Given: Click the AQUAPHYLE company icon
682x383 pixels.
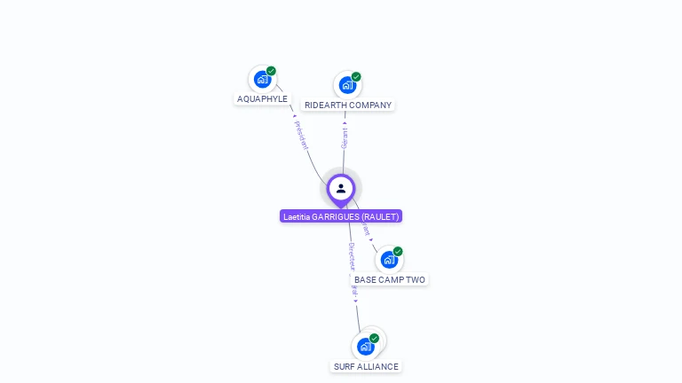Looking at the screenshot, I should click(262, 79).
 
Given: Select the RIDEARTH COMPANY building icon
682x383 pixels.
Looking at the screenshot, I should click(346, 85).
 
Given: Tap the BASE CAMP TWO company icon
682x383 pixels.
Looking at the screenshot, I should click(388, 260).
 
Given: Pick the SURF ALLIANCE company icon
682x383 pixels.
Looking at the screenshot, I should click(364, 347).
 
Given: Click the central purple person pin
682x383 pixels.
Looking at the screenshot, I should click(341, 189).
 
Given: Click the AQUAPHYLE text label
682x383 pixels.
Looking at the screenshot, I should click(262, 99).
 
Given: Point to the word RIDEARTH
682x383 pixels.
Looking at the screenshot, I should click(326, 106).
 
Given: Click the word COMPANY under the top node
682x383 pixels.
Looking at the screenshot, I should click(370, 106).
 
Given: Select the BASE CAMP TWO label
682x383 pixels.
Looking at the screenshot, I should click(390, 280).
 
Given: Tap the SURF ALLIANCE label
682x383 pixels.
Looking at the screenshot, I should click(366, 367).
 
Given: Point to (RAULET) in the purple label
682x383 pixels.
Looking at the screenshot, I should click(382, 216).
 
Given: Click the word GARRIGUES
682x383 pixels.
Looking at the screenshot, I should click(337, 216).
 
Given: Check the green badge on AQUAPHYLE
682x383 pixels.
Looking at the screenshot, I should click(271, 71).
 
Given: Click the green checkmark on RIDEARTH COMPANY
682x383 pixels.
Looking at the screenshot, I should click(356, 77).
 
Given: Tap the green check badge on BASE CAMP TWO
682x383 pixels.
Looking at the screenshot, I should click(398, 252).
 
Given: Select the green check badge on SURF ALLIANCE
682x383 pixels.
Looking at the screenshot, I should click(374, 339).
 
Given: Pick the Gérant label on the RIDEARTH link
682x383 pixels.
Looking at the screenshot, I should click(345, 137).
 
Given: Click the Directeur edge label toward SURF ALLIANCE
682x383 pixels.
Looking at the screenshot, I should click(352, 256).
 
